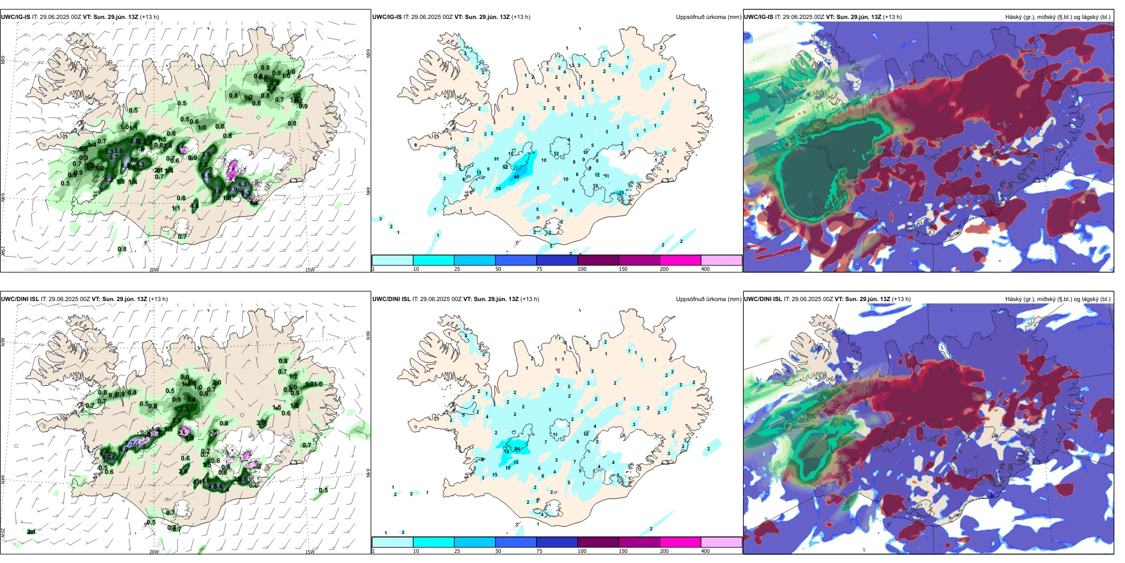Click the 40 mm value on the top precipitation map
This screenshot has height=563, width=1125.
516,177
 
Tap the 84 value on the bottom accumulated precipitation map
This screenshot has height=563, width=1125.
517,449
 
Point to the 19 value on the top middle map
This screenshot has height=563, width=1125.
498,188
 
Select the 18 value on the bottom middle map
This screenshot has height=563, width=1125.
506,452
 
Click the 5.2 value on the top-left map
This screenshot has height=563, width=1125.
108,179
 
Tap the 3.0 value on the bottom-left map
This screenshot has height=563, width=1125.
261,423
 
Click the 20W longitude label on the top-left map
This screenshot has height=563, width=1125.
154,270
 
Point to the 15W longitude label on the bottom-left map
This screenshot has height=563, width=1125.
309,552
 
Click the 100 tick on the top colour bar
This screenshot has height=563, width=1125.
582,269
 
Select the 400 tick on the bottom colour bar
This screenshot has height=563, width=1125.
705,551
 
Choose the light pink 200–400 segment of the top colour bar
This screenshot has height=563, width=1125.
721,260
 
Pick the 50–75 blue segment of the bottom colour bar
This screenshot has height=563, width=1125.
515,542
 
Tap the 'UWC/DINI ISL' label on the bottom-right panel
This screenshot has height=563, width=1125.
763,299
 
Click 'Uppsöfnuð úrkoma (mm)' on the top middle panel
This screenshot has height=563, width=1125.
708,17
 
